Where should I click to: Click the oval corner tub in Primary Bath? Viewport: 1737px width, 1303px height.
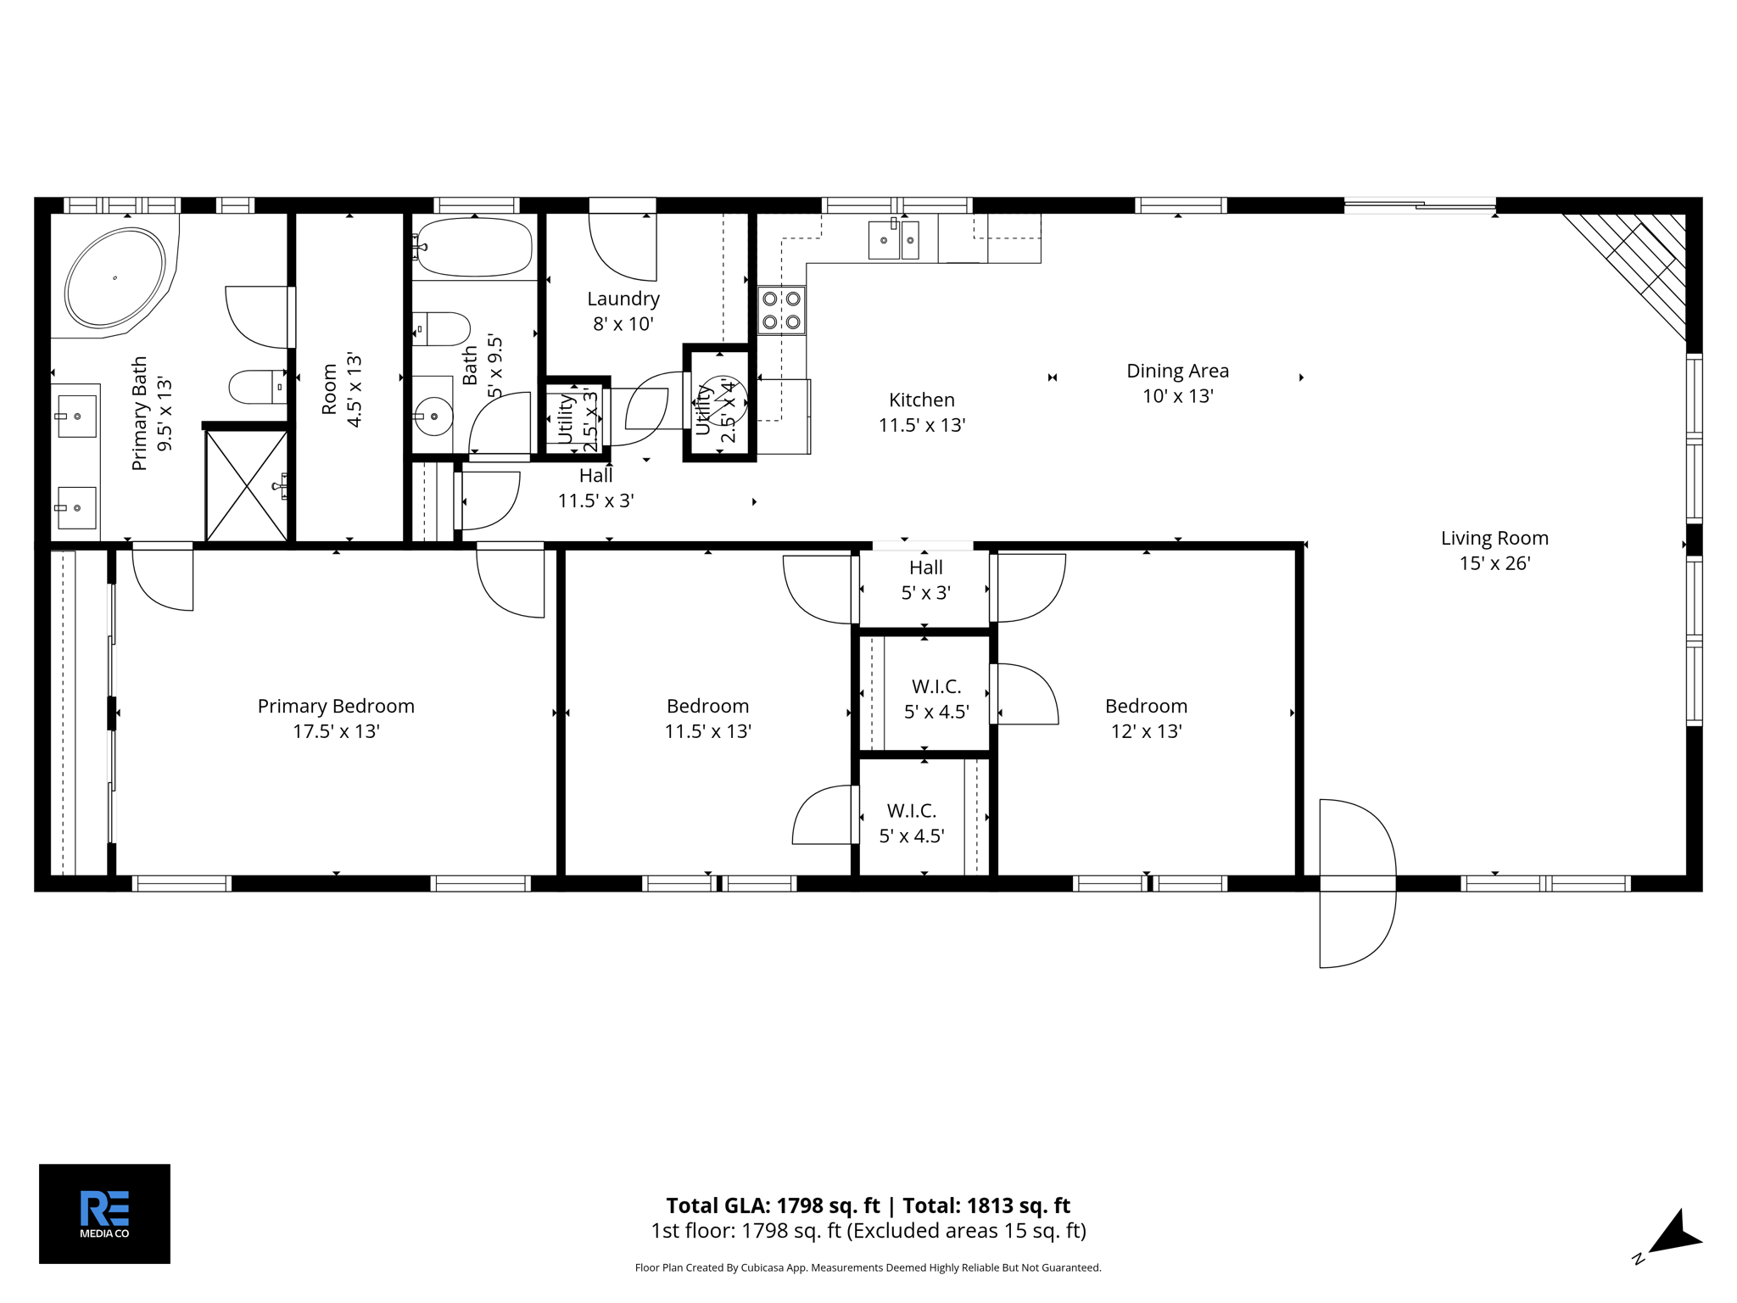(115, 277)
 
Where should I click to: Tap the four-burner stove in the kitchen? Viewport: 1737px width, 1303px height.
(781, 310)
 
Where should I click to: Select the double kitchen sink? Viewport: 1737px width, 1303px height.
(894, 239)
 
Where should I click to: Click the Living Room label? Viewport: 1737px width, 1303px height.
(1494, 538)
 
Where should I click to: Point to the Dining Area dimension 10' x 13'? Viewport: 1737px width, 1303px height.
(1177, 396)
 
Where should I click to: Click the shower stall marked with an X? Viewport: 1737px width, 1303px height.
(247, 486)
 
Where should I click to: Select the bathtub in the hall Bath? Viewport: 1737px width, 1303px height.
(475, 247)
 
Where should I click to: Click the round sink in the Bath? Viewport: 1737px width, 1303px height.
(434, 416)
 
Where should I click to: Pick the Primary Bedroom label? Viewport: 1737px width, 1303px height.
(336, 706)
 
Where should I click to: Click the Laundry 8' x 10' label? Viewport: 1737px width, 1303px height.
(623, 310)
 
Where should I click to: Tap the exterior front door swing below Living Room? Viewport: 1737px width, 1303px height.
(1357, 882)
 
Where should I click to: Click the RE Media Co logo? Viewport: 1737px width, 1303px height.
(104, 1213)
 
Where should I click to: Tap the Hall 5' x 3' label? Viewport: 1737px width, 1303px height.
(925, 580)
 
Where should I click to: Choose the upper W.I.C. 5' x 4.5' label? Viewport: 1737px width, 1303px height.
(936, 698)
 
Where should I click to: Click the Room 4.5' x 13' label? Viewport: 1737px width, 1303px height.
(342, 389)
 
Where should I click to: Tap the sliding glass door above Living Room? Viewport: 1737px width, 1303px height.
(1420, 204)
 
